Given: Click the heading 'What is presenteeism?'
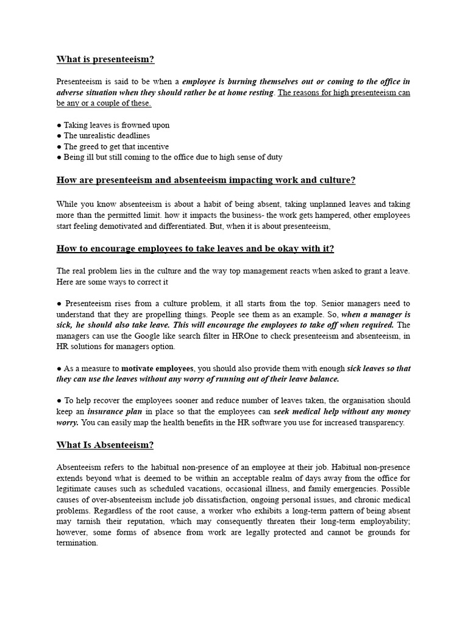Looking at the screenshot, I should [x=105, y=59].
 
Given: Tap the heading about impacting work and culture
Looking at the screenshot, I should [x=206, y=180].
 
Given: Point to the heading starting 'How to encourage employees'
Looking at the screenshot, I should [x=195, y=248].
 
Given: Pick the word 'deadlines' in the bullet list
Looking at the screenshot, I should [x=130, y=135].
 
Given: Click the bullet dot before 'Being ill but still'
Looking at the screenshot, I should [x=59, y=157].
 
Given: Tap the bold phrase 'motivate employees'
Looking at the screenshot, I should [x=158, y=368].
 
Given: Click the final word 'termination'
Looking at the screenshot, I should [x=77, y=543].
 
